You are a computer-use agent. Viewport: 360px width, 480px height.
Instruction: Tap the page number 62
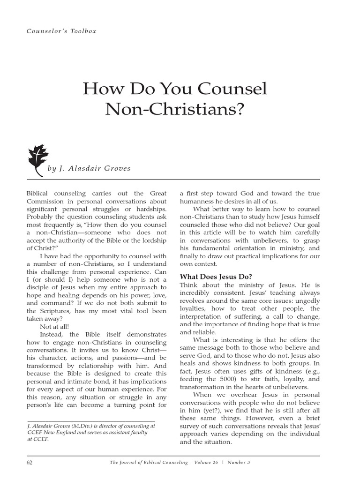point(30,463)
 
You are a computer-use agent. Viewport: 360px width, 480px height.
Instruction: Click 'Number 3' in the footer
point(239,463)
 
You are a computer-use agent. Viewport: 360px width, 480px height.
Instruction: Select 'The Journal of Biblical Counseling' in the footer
point(149,463)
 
